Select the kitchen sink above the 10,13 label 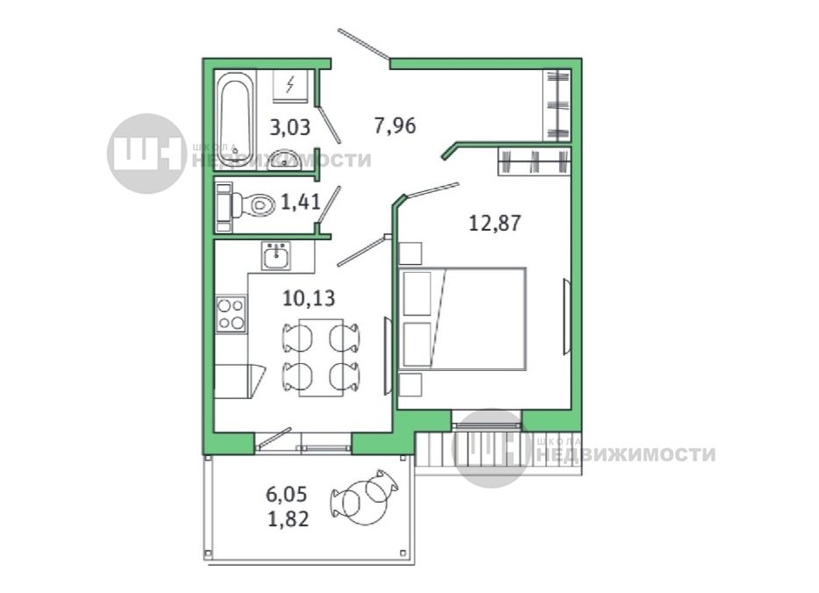(276, 256)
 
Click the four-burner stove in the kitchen (231, 313)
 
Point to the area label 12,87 (495, 223)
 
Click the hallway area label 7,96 (395, 125)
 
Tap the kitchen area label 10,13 (309, 298)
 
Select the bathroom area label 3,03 (290, 127)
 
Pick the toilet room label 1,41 (301, 201)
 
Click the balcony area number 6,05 (287, 494)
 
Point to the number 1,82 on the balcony (288, 518)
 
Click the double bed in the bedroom (462, 319)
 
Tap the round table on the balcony (366, 502)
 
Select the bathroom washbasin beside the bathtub (284, 160)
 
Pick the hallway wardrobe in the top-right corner (557, 105)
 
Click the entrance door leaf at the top (364, 44)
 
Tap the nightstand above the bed (410, 254)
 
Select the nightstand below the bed (410, 384)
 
